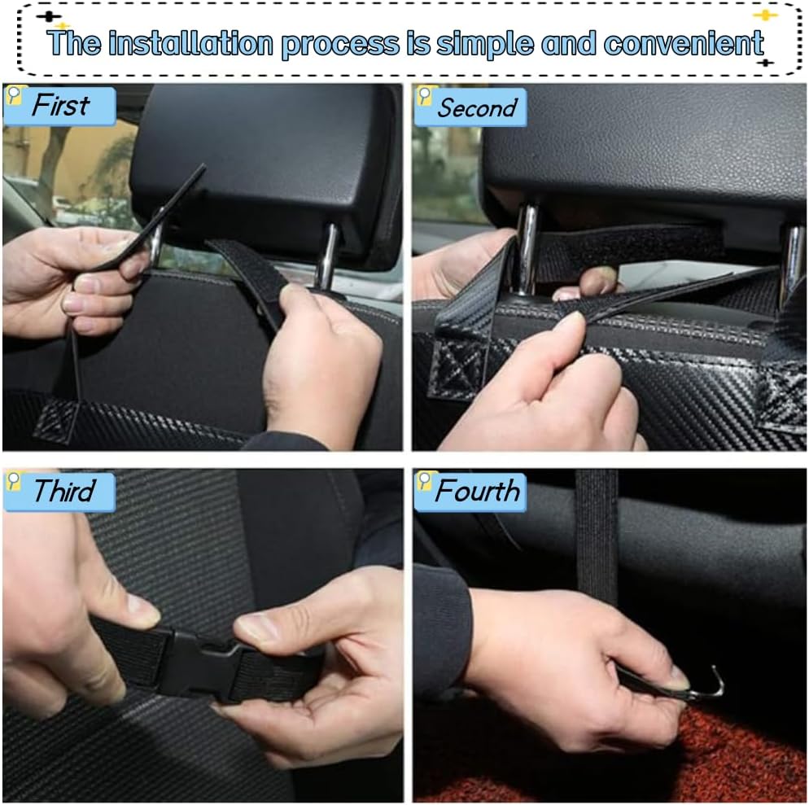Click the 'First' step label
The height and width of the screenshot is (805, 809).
click(60, 106)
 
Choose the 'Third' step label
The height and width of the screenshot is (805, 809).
click(63, 492)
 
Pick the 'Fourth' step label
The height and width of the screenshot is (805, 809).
click(477, 491)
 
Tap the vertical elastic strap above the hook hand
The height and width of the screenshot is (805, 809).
click(597, 537)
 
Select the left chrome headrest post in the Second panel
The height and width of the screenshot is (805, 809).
click(527, 248)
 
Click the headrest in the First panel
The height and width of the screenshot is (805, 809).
click(269, 163)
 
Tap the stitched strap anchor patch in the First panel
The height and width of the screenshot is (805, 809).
click(57, 419)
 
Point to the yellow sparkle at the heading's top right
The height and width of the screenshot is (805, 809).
click(765, 15)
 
